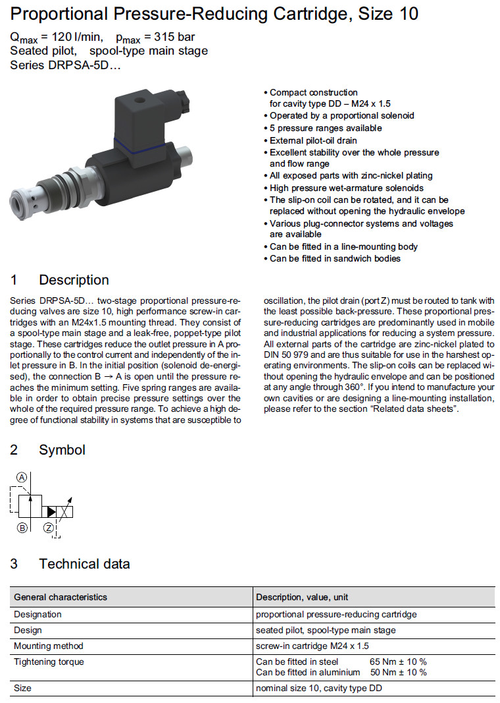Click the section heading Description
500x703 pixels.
[x=74, y=280]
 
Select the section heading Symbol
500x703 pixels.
[x=62, y=450]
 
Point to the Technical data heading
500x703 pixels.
[x=84, y=564]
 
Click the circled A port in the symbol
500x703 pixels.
[x=22, y=477]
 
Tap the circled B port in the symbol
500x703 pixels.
[x=22, y=528]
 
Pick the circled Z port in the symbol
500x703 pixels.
[x=48, y=528]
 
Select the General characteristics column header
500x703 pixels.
[x=61, y=597]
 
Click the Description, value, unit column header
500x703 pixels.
[x=302, y=597]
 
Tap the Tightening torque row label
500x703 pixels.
[x=49, y=661]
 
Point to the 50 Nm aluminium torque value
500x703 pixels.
[x=399, y=672]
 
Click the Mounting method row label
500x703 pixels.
[x=49, y=646]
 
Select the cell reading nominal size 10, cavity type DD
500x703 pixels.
[x=319, y=688]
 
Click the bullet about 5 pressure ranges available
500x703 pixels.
[x=325, y=128]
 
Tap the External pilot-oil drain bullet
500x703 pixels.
[x=313, y=140]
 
